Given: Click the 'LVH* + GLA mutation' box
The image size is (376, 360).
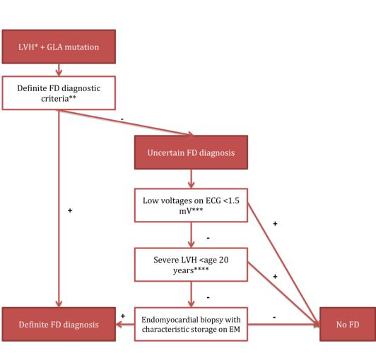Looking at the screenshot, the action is pyautogui.click(x=59, y=47).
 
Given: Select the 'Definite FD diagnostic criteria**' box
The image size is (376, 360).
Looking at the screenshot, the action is pyautogui.click(x=59, y=93).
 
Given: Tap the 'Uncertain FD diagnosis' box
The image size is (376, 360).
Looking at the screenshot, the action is pyautogui.click(x=191, y=152).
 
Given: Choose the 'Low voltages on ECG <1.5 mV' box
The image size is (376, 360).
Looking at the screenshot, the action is pyautogui.click(x=191, y=205).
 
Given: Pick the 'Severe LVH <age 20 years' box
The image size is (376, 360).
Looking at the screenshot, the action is pyautogui.click(x=191, y=265).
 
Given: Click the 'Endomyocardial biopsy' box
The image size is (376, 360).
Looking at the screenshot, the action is pyautogui.click(x=191, y=324).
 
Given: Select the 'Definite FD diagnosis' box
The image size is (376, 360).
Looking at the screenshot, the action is pyautogui.click(x=59, y=324).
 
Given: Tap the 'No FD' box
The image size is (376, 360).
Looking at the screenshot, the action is pyautogui.click(x=348, y=324).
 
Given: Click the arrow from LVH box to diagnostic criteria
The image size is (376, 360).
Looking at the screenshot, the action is pyautogui.click(x=59, y=70).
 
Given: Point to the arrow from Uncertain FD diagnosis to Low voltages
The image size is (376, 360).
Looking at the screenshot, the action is pyautogui.click(x=191, y=179).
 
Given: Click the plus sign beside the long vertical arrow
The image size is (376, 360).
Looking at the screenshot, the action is pyautogui.click(x=70, y=210).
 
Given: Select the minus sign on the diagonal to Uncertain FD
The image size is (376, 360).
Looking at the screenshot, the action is pyautogui.click(x=122, y=119).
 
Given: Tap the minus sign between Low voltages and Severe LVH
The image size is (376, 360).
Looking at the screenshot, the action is pyautogui.click(x=208, y=238).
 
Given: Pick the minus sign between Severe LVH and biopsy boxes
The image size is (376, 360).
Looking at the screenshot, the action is pyautogui.click(x=208, y=297).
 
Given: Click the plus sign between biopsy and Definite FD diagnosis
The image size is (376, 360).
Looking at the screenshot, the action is pyautogui.click(x=123, y=316).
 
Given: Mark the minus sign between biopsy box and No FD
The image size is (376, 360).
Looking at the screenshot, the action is pyautogui.click(x=274, y=318).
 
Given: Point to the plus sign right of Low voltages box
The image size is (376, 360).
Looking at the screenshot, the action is pyautogui.click(x=275, y=224).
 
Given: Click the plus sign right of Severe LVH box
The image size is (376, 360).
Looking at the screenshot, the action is pyautogui.click(x=275, y=277).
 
